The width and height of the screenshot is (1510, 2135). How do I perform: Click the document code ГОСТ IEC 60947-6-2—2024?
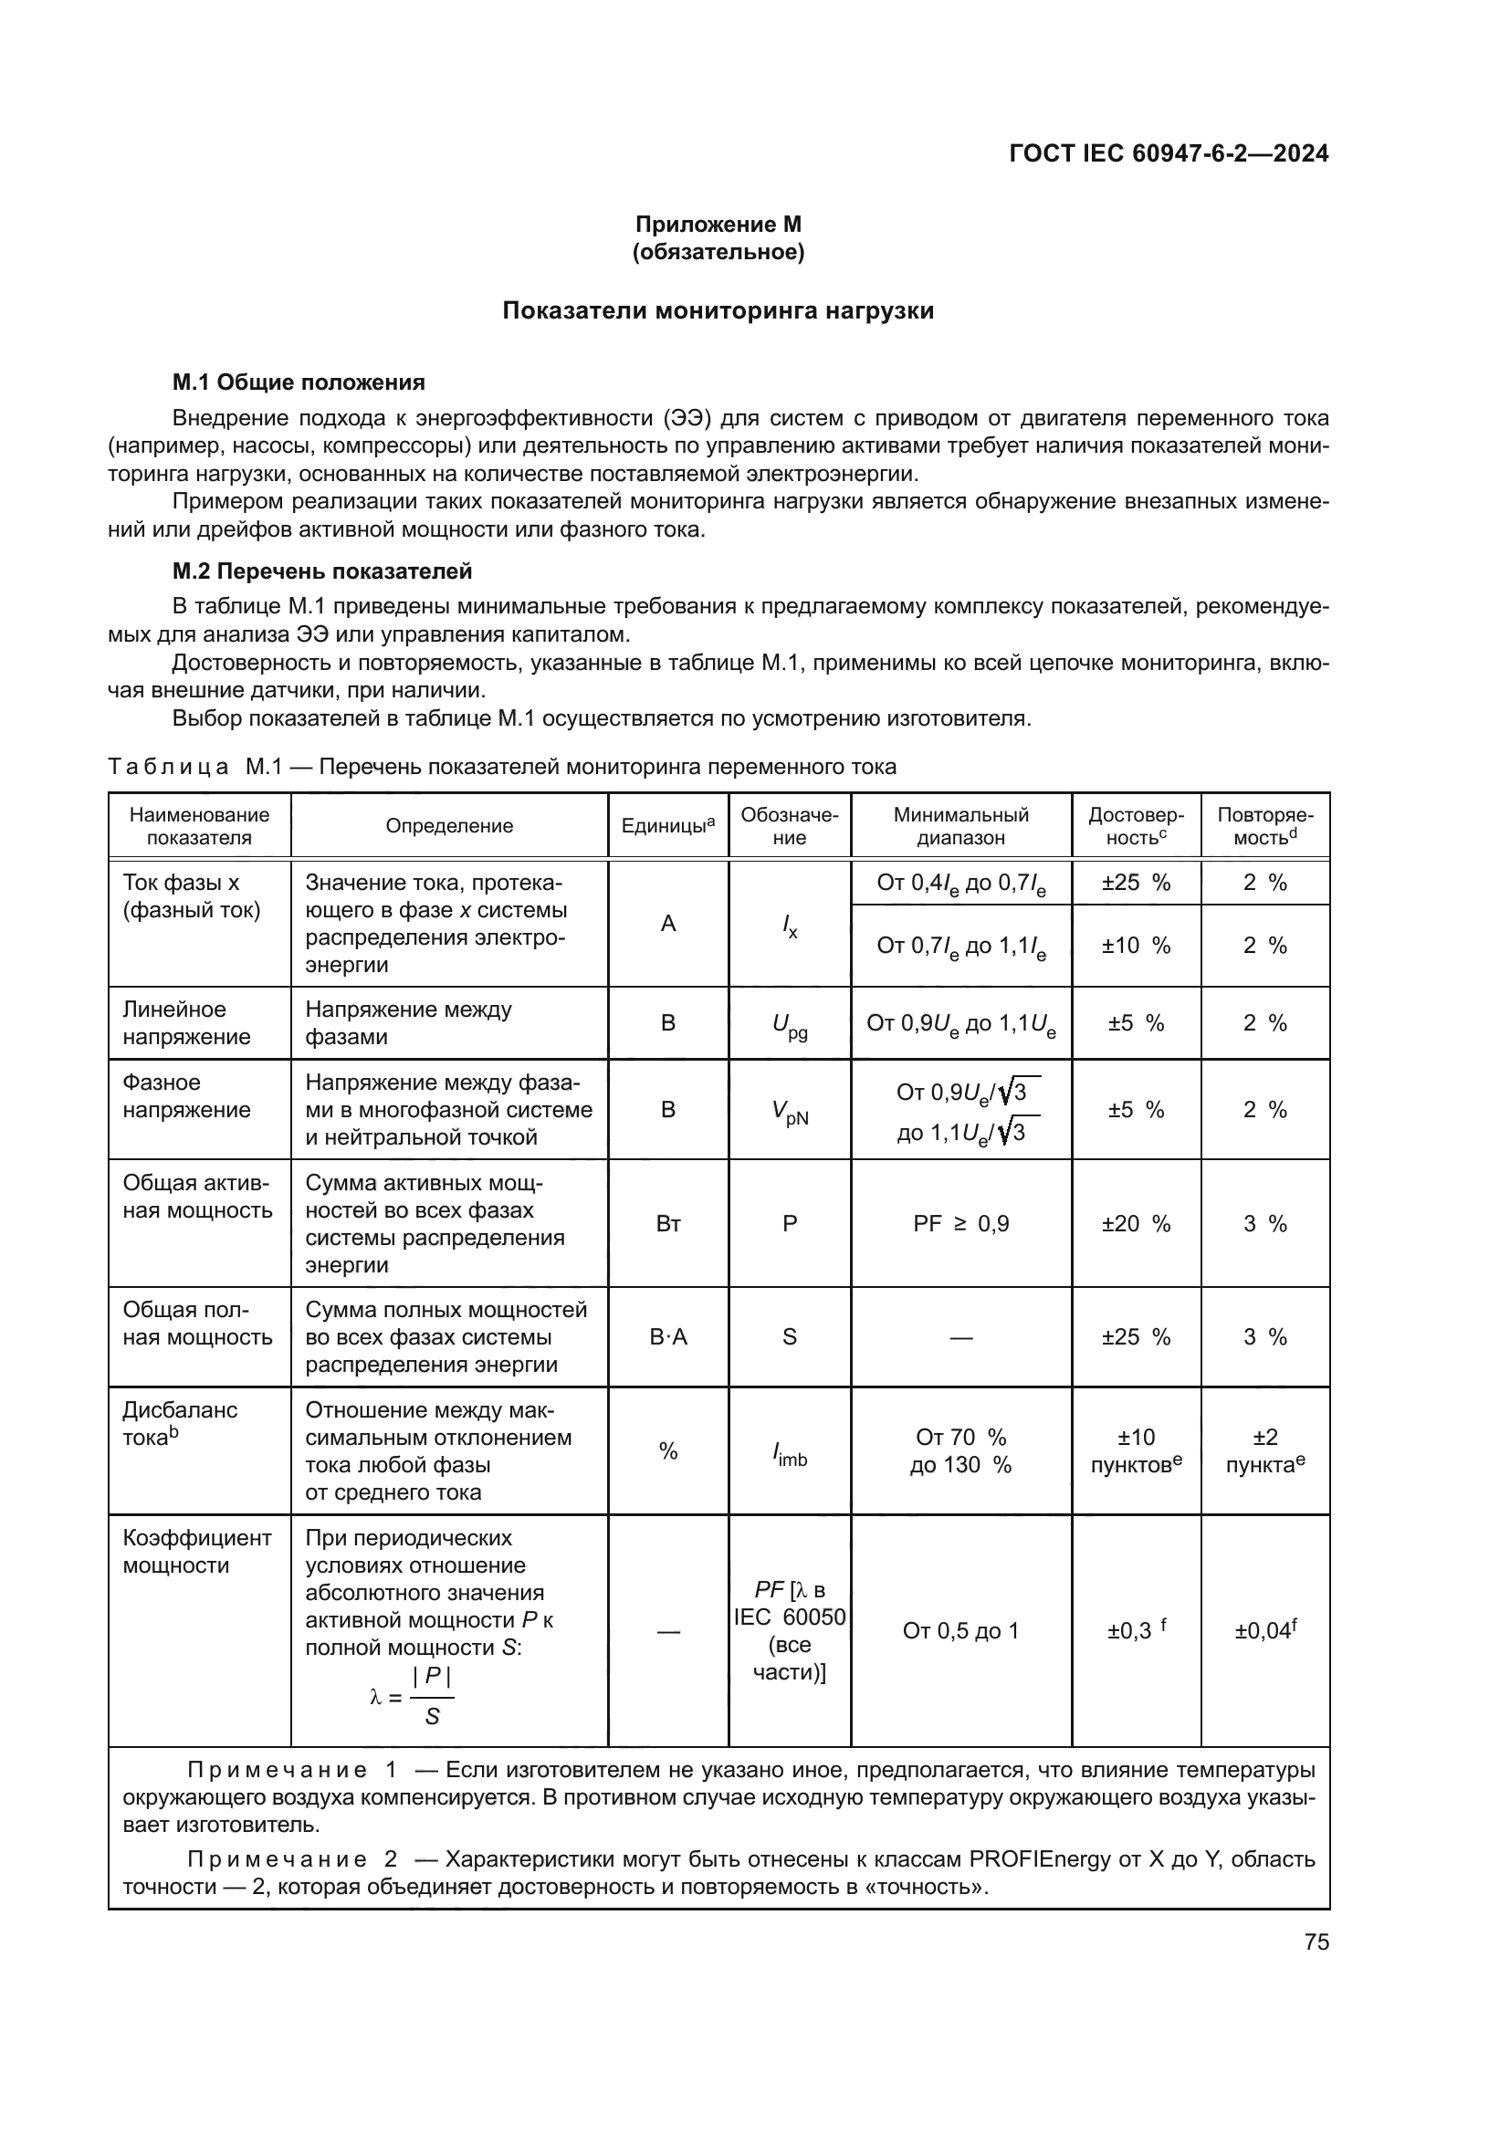1169,153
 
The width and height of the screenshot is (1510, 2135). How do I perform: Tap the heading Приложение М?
718,225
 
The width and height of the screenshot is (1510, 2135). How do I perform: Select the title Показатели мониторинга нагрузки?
718,310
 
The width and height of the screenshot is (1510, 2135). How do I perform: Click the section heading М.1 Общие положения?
299,382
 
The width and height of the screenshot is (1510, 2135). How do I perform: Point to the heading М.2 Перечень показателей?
321,570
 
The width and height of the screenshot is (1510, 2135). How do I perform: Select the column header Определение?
449,826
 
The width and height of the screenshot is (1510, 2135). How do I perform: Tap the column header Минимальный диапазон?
960,826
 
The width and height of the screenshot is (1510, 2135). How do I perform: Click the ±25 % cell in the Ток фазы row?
1136,883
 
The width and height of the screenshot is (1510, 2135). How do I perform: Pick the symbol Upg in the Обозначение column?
790,1025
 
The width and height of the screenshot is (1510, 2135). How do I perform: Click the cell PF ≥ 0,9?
960,1224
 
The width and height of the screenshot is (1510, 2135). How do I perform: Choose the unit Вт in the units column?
667,1224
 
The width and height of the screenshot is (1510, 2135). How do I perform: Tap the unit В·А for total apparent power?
667,1337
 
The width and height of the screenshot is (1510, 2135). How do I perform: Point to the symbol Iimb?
790,1453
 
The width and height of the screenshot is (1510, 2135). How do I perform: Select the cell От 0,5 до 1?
960,1630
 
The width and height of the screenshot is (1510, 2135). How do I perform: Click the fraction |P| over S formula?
432,1697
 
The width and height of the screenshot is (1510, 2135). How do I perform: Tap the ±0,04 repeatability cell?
1264,1630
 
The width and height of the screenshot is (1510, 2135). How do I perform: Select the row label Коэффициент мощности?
196,1552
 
